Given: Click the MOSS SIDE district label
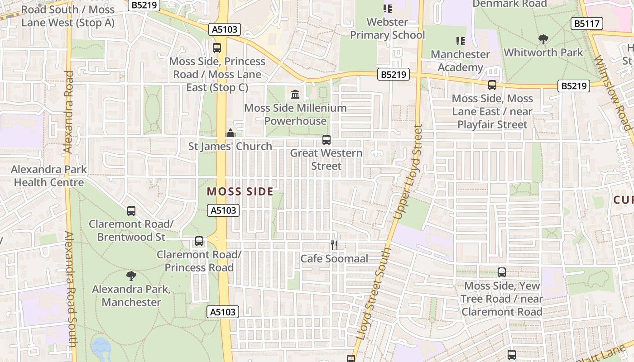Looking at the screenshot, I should [x=240, y=191].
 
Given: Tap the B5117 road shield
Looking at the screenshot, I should [x=586, y=24].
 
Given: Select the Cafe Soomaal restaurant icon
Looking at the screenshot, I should [x=334, y=245].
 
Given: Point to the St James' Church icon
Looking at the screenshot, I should [x=231, y=133].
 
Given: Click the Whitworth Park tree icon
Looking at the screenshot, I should [x=543, y=39].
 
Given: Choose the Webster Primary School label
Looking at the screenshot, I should [x=387, y=28].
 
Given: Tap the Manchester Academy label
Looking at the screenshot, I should [x=460, y=61].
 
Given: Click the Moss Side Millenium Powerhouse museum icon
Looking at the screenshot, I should [x=295, y=95].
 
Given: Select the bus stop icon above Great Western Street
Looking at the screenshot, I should [x=326, y=140].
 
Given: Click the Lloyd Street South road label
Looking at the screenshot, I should [x=374, y=294].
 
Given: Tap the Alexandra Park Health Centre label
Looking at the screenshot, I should [x=49, y=176].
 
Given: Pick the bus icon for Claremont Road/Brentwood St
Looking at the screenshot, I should [x=131, y=210].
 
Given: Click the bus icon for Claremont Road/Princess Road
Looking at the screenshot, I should [x=199, y=241].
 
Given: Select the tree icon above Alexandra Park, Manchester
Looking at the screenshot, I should [x=131, y=275].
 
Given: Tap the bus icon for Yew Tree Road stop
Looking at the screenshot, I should [x=501, y=272].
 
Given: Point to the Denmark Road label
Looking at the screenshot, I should [x=509, y=4].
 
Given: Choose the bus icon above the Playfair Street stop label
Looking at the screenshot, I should [x=492, y=85].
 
